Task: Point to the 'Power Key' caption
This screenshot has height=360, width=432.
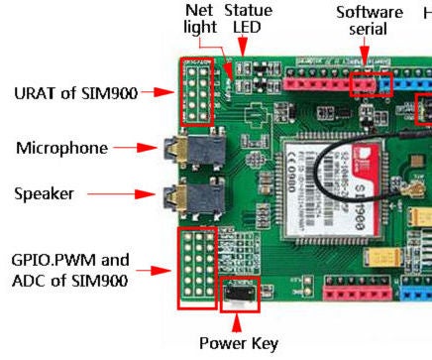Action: click(238, 344)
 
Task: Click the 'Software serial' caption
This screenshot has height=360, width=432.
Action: click(369, 21)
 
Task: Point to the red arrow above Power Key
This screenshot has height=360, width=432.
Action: click(237, 318)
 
